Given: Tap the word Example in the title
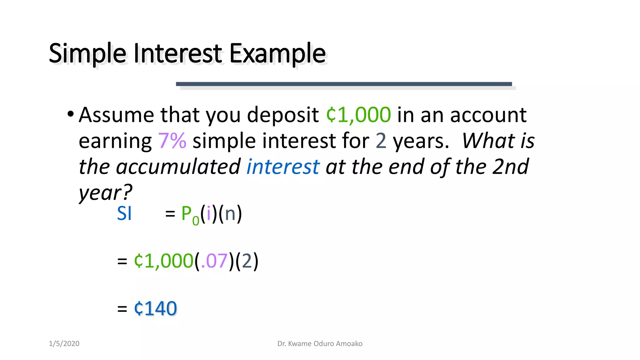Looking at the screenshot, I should [x=277, y=54].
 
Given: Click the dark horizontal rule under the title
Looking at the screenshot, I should [x=344, y=84].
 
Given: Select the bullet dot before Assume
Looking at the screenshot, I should [x=71, y=114].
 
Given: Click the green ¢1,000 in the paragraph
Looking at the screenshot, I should [x=358, y=115].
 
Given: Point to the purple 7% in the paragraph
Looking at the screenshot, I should [x=172, y=141].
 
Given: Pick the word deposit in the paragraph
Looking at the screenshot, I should [x=283, y=115].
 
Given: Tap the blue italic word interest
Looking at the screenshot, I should [x=283, y=167].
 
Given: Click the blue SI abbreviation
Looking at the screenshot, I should [x=124, y=214].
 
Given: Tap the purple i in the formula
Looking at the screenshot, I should [x=208, y=214].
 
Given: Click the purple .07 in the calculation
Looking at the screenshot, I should [x=214, y=261].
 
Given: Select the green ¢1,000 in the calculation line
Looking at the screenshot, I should [x=163, y=261].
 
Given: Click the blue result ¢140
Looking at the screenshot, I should [x=155, y=308].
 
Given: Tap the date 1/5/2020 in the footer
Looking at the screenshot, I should [x=64, y=343].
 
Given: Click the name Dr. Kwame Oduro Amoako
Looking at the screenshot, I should [x=320, y=343].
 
